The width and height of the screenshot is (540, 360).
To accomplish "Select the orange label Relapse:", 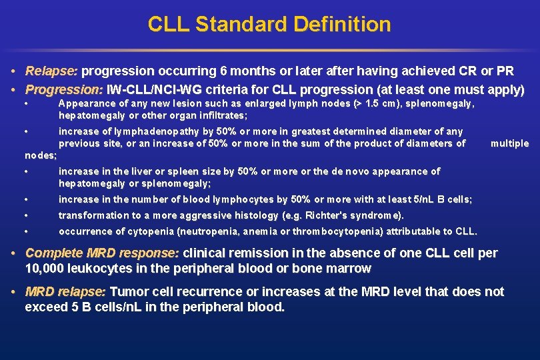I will click(52, 71).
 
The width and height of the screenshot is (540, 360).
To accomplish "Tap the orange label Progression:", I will click(63, 89).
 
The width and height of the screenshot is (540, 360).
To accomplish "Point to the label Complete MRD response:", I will click(102, 253).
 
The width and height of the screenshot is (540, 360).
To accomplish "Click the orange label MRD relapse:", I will click(65, 292).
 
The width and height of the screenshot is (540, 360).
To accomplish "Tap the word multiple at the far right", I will click(509, 143).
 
